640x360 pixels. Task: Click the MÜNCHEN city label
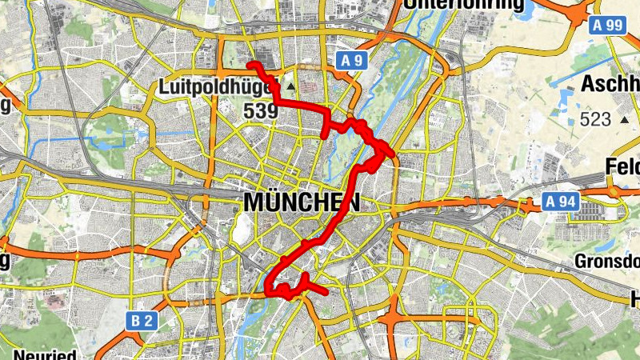[x=302, y=202]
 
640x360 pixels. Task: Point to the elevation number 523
[x=596, y=120]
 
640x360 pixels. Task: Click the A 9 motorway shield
[x=350, y=60]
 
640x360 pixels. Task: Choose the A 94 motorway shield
[x=558, y=201]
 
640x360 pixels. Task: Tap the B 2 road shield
[x=142, y=322]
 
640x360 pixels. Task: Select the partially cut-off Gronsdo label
[x=606, y=261]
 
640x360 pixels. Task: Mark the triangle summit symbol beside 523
[x=624, y=119]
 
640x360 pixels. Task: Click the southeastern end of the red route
[x=326, y=293]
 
